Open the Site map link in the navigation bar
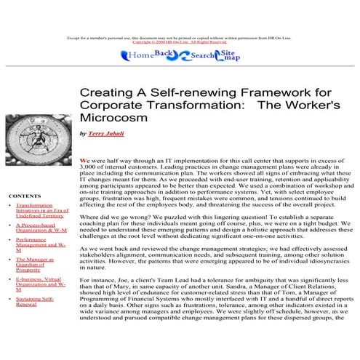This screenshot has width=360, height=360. pyautogui.click(x=228, y=55)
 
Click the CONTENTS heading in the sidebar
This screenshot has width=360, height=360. pyautogui.click(x=25, y=196)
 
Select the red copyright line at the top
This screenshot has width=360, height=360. pyautogui.click(x=180, y=41)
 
